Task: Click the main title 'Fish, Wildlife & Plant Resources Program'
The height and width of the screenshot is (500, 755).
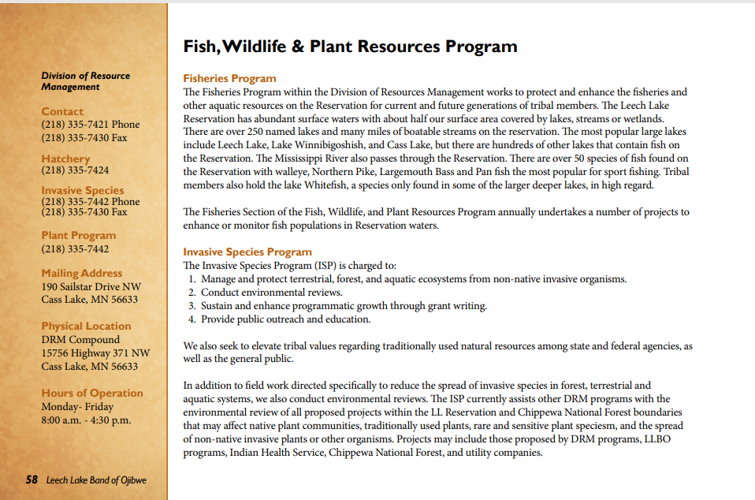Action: point(350,46)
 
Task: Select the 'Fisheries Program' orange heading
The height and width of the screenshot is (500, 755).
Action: point(229,78)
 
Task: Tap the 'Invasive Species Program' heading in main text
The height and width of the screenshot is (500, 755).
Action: point(247,252)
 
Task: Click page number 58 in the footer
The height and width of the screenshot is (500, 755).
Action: point(32,479)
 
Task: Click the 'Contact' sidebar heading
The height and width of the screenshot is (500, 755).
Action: point(62,111)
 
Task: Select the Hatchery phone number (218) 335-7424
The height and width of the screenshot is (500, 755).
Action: point(75,170)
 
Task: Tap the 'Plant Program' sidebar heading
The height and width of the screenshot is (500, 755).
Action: point(78,235)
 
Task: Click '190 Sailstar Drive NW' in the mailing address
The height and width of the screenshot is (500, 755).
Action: point(91,287)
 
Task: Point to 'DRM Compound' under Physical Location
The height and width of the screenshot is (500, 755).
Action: point(80,340)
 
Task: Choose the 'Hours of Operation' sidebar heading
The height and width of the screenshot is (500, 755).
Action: point(92,393)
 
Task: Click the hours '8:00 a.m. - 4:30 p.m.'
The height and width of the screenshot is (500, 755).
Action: point(86,420)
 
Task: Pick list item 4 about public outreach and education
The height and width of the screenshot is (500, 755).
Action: point(285,319)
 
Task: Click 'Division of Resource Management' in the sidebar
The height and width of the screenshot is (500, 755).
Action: point(85,81)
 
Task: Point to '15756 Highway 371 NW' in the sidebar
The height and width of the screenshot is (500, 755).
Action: point(95,353)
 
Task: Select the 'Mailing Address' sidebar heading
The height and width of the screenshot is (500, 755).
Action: point(82,273)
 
